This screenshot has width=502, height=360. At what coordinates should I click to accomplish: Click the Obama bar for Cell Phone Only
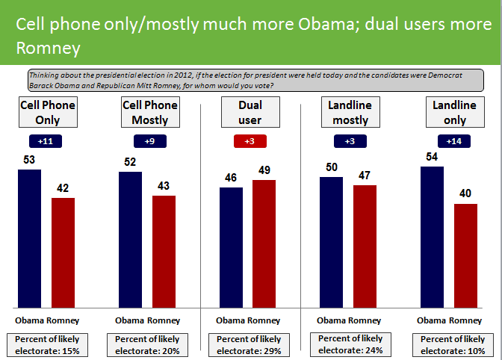point(30,238)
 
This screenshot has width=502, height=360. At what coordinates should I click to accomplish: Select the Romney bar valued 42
point(63,252)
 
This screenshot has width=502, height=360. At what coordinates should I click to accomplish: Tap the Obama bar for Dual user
point(231,247)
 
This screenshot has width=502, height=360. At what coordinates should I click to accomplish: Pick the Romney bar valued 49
point(264,243)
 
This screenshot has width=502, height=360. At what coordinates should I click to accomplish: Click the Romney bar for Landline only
point(465,255)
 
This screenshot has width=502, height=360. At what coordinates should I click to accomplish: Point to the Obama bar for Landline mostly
point(332,242)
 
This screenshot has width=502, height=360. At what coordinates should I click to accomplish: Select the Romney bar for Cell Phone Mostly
point(164,251)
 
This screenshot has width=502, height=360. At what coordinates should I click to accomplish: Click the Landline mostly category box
point(348,112)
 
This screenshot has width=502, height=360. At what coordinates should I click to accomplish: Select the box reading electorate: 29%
point(248,344)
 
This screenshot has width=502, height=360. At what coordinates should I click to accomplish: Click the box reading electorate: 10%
point(448,344)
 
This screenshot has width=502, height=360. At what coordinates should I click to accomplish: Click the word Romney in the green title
point(47,49)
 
